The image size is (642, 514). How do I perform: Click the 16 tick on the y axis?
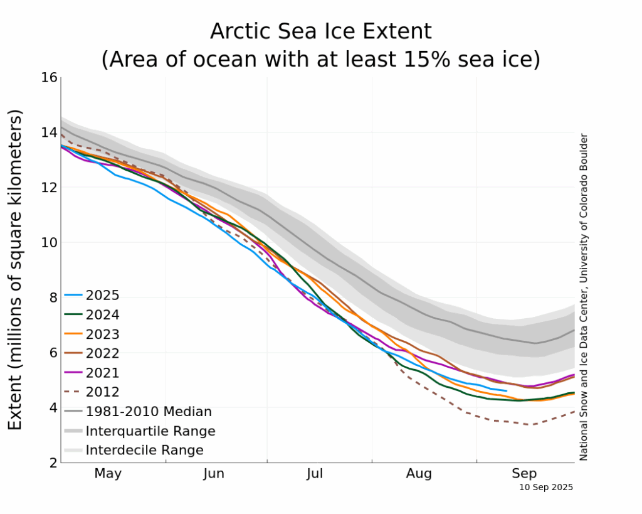[50, 77]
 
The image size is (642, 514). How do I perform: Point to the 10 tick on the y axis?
[50, 242]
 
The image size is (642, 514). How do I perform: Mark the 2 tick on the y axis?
[53, 463]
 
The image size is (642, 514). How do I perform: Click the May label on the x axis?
[108, 474]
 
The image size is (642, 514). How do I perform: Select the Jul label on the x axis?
[315, 474]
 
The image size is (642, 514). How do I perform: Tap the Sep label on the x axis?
[524, 474]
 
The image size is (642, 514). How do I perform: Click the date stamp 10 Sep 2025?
[546, 487]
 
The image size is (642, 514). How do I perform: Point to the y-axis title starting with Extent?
[16, 269]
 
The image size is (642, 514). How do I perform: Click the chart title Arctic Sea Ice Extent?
[320, 31]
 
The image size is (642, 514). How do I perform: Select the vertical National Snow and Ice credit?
[583, 296]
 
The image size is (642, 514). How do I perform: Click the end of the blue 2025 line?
[506, 390]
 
